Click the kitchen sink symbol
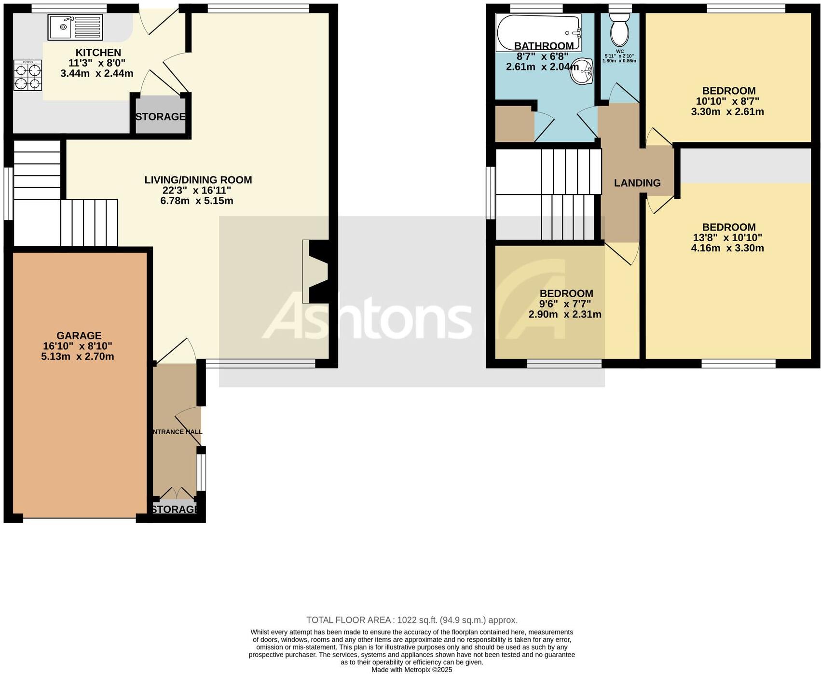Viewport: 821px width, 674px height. [x=75, y=27]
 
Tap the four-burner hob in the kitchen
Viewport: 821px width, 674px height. [x=27, y=76]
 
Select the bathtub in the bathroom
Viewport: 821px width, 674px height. [x=538, y=32]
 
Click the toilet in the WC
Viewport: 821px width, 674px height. [x=619, y=30]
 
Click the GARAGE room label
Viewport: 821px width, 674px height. [x=79, y=336]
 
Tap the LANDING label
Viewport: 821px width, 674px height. [x=637, y=183]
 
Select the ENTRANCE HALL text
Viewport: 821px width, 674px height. [x=177, y=432]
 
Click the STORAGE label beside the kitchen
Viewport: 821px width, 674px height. [x=160, y=117]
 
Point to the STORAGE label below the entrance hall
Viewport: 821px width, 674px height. [x=175, y=509]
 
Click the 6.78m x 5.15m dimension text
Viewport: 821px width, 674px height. [x=197, y=201]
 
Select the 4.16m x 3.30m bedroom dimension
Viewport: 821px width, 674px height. [x=727, y=248]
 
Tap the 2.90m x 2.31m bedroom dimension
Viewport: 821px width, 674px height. [x=565, y=315]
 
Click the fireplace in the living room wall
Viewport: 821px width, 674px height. [x=316, y=271]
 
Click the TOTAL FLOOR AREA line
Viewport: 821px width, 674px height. [x=411, y=620]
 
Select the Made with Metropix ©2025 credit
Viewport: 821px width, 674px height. [x=411, y=670]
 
